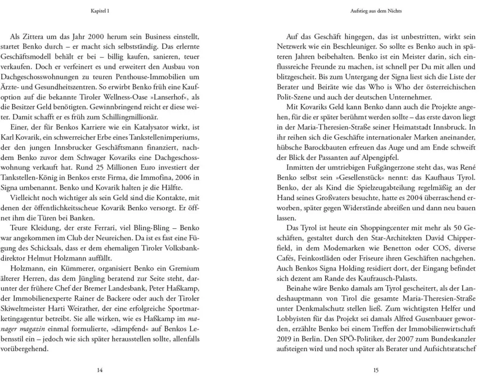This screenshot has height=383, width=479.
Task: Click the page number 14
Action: tap(100, 370)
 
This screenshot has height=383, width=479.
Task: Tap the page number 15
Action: tap(376, 370)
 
